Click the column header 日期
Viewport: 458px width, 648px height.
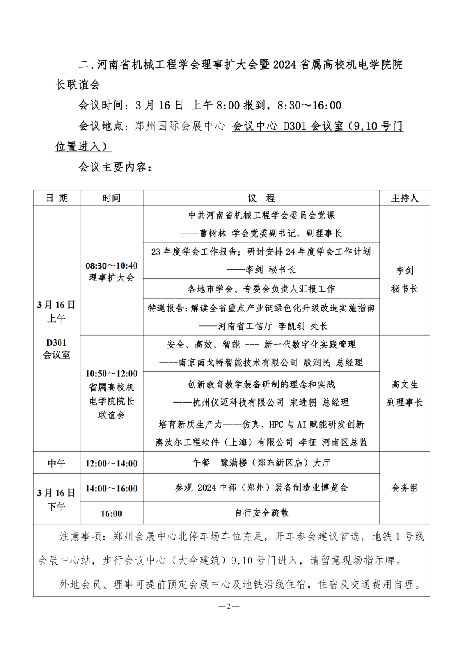click(56, 198)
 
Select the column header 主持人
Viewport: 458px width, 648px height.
click(405, 198)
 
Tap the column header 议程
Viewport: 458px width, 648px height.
click(261, 198)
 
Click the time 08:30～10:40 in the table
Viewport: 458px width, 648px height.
click(112, 266)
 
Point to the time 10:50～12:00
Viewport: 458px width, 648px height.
click(112, 374)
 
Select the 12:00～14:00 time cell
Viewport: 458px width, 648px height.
click(112, 463)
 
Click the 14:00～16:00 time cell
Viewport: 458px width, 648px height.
click(112, 488)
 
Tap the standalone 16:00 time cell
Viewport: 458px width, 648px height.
click(112, 513)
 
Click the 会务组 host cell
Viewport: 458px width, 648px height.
click(405, 488)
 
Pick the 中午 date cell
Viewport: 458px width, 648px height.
click(56, 463)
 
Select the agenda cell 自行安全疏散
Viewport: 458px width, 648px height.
click(261, 513)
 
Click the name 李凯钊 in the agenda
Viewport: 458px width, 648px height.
click(291, 326)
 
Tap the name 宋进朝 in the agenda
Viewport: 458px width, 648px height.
click(303, 403)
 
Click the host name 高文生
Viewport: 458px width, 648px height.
click(405, 385)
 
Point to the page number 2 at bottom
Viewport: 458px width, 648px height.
click(229, 606)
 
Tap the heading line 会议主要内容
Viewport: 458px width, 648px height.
click(113, 167)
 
